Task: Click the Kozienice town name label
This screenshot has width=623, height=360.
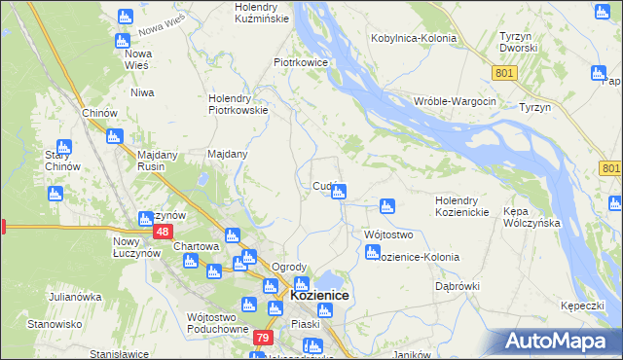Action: pyautogui.click(x=320, y=295)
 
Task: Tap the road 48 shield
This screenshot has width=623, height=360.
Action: pyautogui.click(x=164, y=232)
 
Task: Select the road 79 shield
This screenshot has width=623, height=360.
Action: pyautogui.click(x=262, y=338)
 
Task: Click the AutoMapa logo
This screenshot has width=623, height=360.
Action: pyautogui.click(x=560, y=342)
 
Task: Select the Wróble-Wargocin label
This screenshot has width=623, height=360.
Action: pyautogui.click(x=455, y=102)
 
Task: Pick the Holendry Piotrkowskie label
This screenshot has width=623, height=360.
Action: pyautogui.click(x=238, y=104)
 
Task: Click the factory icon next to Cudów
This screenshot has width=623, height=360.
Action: pyautogui.click(x=338, y=193)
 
